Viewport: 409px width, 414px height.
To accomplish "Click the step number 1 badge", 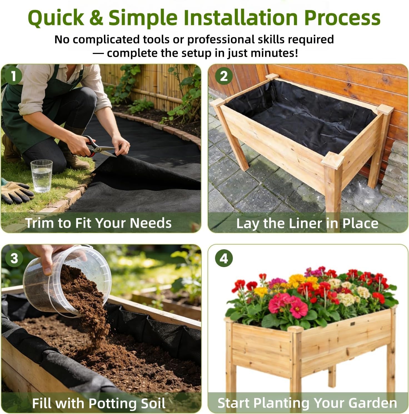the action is click(x=13, y=76).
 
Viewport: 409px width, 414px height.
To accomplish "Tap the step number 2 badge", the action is click(x=224, y=76).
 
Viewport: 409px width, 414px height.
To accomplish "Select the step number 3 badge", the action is click(x=14, y=258).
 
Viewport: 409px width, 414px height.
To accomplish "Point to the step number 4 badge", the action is click(x=224, y=258).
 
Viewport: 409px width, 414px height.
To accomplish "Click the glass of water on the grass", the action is click(x=41, y=176).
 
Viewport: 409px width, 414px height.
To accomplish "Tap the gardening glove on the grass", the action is click(x=17, y=193).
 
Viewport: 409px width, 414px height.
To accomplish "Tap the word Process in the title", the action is click(x=342, y=17).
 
